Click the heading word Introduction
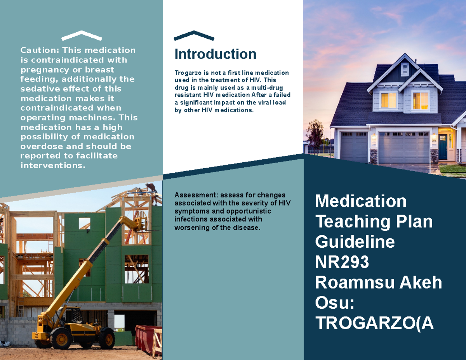point(215,54)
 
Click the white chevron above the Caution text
point(82,35)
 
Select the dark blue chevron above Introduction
point(194,35)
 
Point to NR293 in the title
point(342,263)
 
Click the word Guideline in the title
point(355,242)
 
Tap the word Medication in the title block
point(361,201)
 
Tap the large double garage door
point(404,148)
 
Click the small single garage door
point(353,147)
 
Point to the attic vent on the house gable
point(405,70)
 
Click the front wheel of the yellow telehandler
point(61,338)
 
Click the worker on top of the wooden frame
point(151,190)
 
